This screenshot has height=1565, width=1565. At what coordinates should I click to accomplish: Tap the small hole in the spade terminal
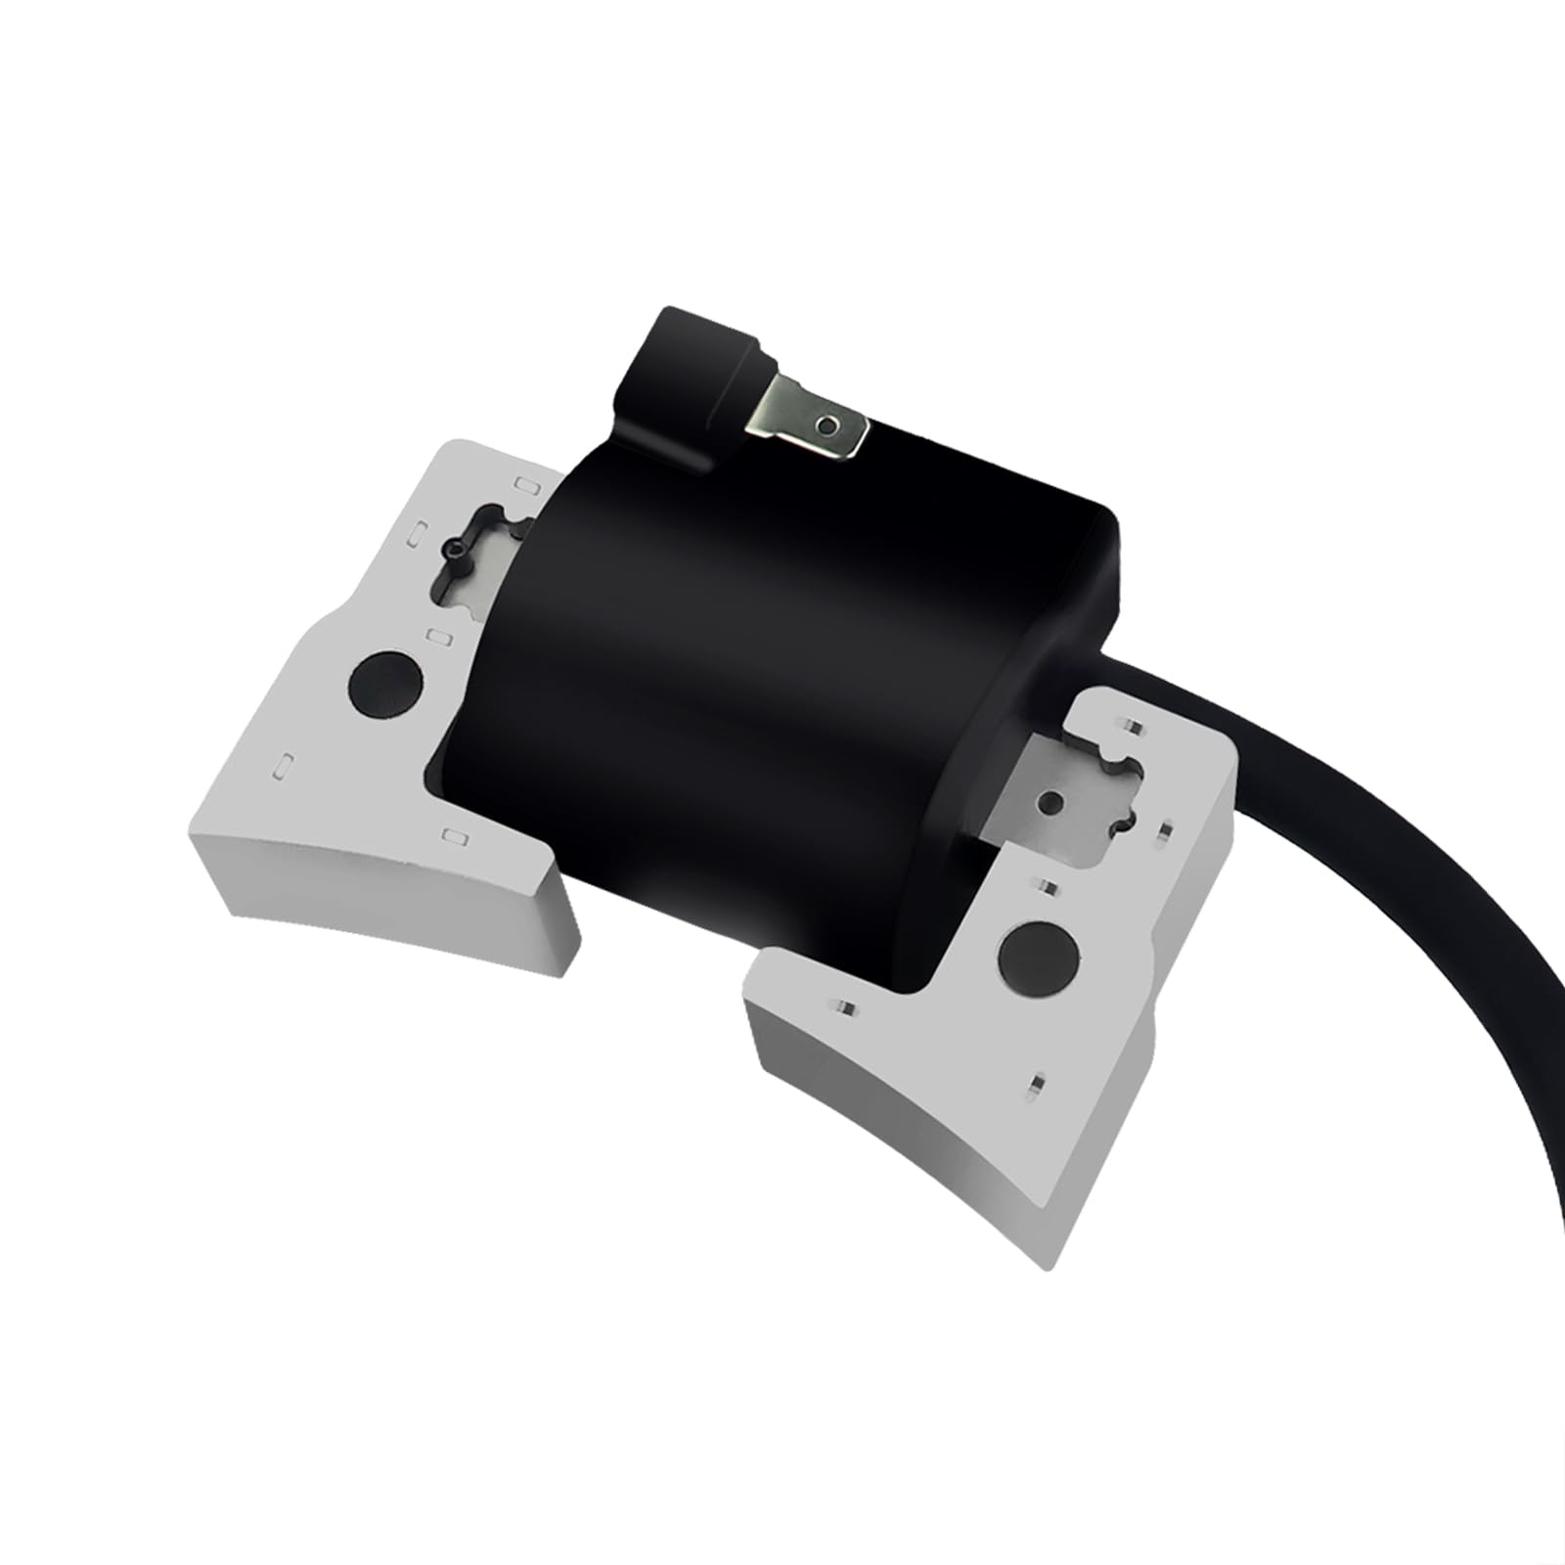[827, 425]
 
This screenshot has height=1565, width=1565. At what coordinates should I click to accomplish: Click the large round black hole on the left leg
[385, 684]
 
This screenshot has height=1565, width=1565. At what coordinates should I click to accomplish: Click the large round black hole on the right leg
[1038, 958]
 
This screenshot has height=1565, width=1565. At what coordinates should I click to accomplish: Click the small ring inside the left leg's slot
[456, 551]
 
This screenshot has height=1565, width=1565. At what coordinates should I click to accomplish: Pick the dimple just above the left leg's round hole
[440, 638]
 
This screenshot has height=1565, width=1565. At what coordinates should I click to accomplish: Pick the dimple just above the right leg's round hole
[1047, 888]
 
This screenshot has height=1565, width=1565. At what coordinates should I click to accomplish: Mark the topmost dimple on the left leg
[526, 484]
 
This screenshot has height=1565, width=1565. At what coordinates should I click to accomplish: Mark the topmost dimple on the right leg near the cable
[1133, 725]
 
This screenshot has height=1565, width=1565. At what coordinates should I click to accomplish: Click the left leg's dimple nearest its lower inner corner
[455, 836]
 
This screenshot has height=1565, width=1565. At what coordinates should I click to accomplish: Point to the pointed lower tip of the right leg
[1049, 1262]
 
